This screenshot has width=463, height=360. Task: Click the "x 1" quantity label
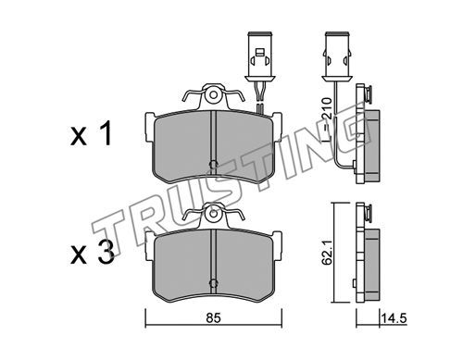pyautogui.click(x=91, y=133)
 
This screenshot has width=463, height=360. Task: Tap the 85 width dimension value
pyautogui.click(x=214, y=317)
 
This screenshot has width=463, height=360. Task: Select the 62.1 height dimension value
pyautogui.click(x=328, y=253)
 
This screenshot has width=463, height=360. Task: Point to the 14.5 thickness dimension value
pyautogui.click(x=394, y=317)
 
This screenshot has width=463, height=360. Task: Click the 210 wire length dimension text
pyautogui.click(x=326, y=108)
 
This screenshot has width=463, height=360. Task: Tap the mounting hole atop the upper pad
pyautogui.click(x=213, y=95)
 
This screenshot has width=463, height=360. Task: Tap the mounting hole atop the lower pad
pyautogui.click(x=213, y=214)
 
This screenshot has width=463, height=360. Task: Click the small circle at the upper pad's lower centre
pyautogui.click(x=213, y=164)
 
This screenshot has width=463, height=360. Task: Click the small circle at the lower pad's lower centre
pyautogui.click(x=213, y=283)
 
